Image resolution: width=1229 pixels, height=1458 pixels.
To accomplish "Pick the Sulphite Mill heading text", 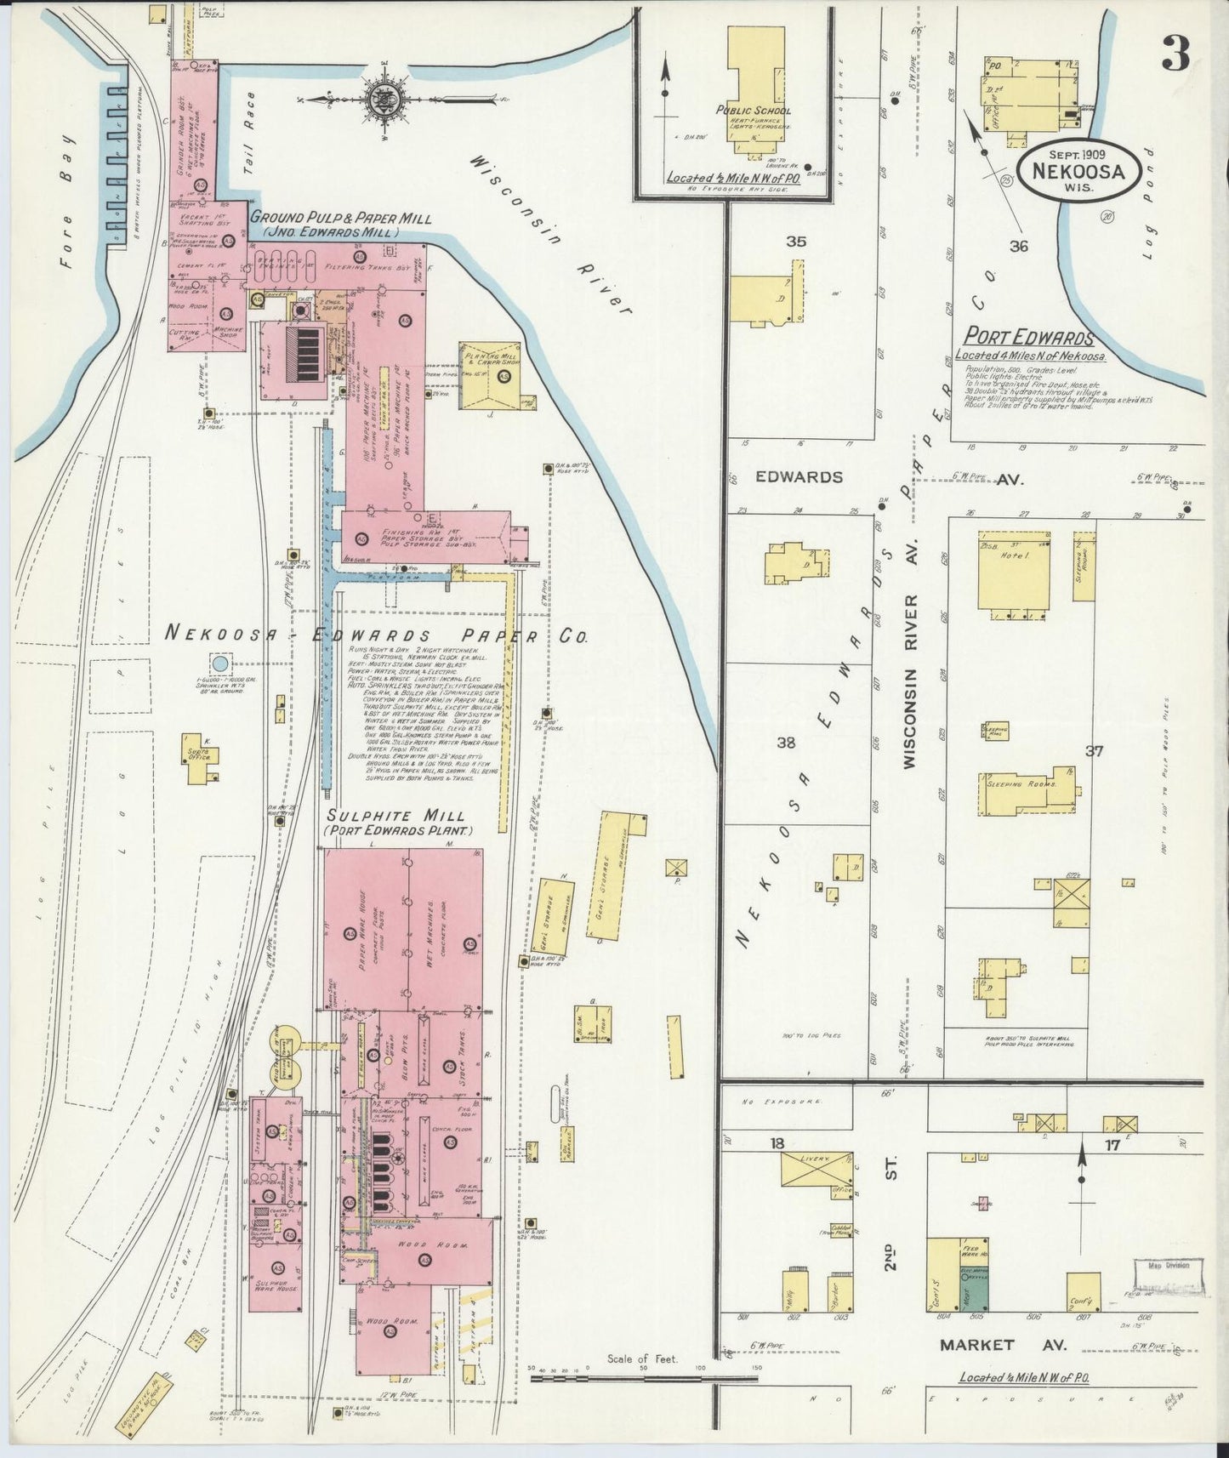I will (400, 816).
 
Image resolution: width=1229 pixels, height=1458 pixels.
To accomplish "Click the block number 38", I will (786, 743).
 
